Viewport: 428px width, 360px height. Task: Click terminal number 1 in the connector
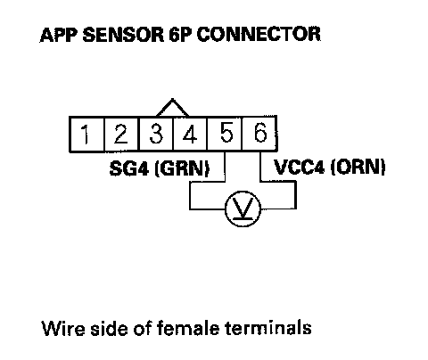pos(86,134)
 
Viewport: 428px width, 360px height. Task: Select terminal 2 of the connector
pos(121,134)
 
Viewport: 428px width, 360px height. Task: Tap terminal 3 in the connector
pos(156,134)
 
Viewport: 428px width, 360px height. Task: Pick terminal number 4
pos(190,134)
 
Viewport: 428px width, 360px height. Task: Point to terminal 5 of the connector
pos(225,134)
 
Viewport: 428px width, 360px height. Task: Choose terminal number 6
pos(259,134)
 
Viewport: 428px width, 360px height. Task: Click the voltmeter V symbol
pos(243,209)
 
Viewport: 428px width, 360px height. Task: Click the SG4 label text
pos(128,168)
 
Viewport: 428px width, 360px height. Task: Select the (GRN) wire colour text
pos(182,168)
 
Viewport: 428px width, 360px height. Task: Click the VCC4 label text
pos(299,167)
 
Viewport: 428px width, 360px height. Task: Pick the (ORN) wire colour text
pos(358,167)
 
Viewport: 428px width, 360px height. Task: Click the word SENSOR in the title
pos(123,35)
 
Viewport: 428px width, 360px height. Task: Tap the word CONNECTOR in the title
pos(259,34)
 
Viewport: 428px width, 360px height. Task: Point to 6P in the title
pos(180,35)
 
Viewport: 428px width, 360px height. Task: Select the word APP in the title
pos(59,35)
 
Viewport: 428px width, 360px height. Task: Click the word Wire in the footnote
pos(63,328)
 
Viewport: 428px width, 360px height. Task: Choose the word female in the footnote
pos(188,327)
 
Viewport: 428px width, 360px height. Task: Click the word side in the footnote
pos(110,328)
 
